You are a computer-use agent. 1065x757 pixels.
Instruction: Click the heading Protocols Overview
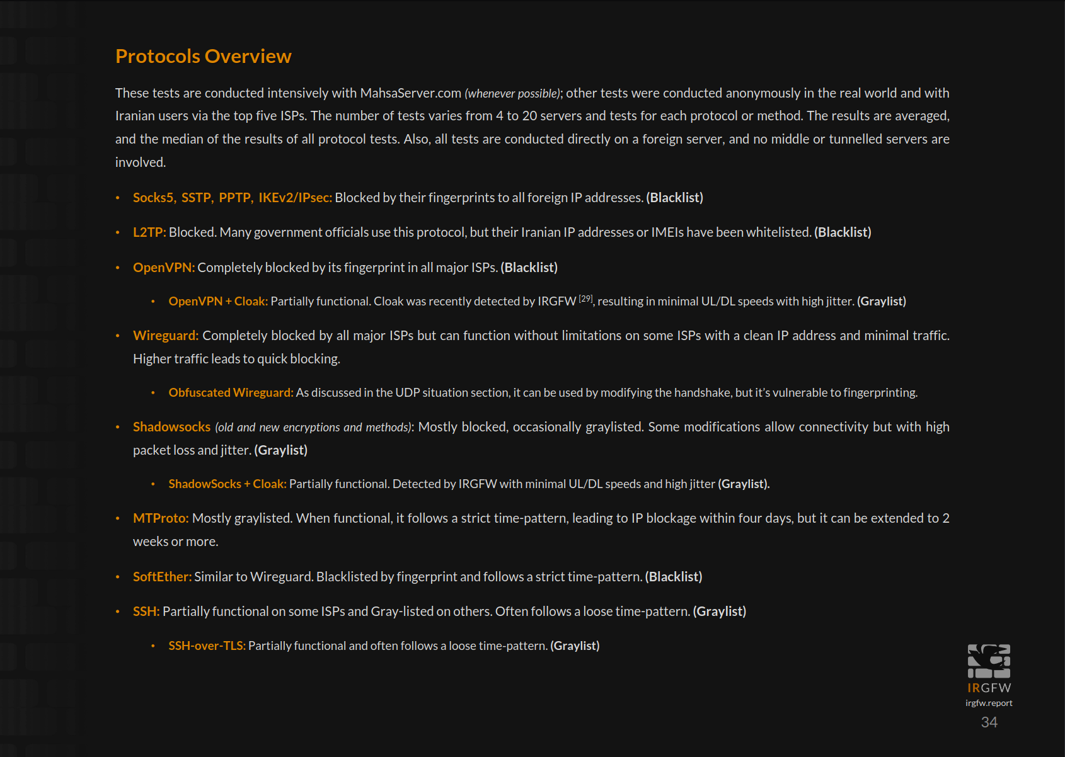click(x=203, y=57)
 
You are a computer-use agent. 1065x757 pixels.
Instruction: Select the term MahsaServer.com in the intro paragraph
click(x=410, y=93)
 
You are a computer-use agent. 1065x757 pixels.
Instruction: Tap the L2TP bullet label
click(x=149, y=232)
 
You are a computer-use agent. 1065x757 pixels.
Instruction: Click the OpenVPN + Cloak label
click(x=218, y=302)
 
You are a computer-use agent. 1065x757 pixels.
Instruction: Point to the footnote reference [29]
click(x=585, y=299)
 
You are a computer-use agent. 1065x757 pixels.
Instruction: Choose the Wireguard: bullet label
click(x=166, y=336)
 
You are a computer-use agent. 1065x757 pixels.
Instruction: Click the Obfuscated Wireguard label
click(x=231, y=393)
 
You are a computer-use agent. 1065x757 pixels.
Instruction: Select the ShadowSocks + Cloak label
click(x=227, y=484)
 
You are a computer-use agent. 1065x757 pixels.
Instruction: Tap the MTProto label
click(x=161, y=518)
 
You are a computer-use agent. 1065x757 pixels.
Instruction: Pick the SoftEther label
click(x=162, y=577)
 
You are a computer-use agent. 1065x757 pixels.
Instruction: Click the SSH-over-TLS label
click(x=207, y=646)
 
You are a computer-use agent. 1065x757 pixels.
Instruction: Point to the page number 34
click(x=989, y=722)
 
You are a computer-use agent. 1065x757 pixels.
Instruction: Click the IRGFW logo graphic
click(x=989, y=661)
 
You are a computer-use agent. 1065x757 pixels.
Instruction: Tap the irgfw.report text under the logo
click(x=989, y=703)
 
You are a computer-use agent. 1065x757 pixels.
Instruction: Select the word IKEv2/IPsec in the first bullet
click(x=295, y=198)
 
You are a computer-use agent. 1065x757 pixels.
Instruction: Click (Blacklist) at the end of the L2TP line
click(x=843, y=232)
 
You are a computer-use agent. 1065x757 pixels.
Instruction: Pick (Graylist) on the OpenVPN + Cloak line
click(x=881, y=302)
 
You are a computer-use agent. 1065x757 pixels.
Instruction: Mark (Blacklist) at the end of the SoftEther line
click(x=673, y=577)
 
